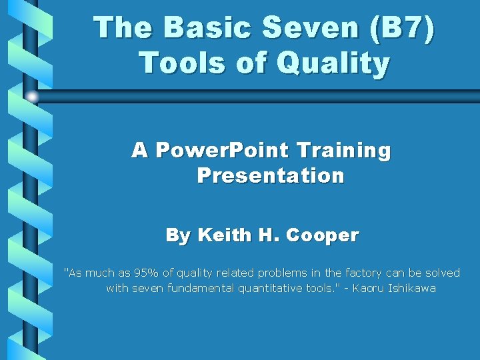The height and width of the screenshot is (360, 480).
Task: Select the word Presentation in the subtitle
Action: coord(271,176)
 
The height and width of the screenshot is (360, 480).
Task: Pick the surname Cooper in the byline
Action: coord(323,235)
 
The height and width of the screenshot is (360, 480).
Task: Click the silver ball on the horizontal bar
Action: coord(32,97)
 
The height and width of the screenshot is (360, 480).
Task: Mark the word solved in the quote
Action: coord(443,273)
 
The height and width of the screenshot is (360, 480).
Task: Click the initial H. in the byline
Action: coord(271,235)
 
